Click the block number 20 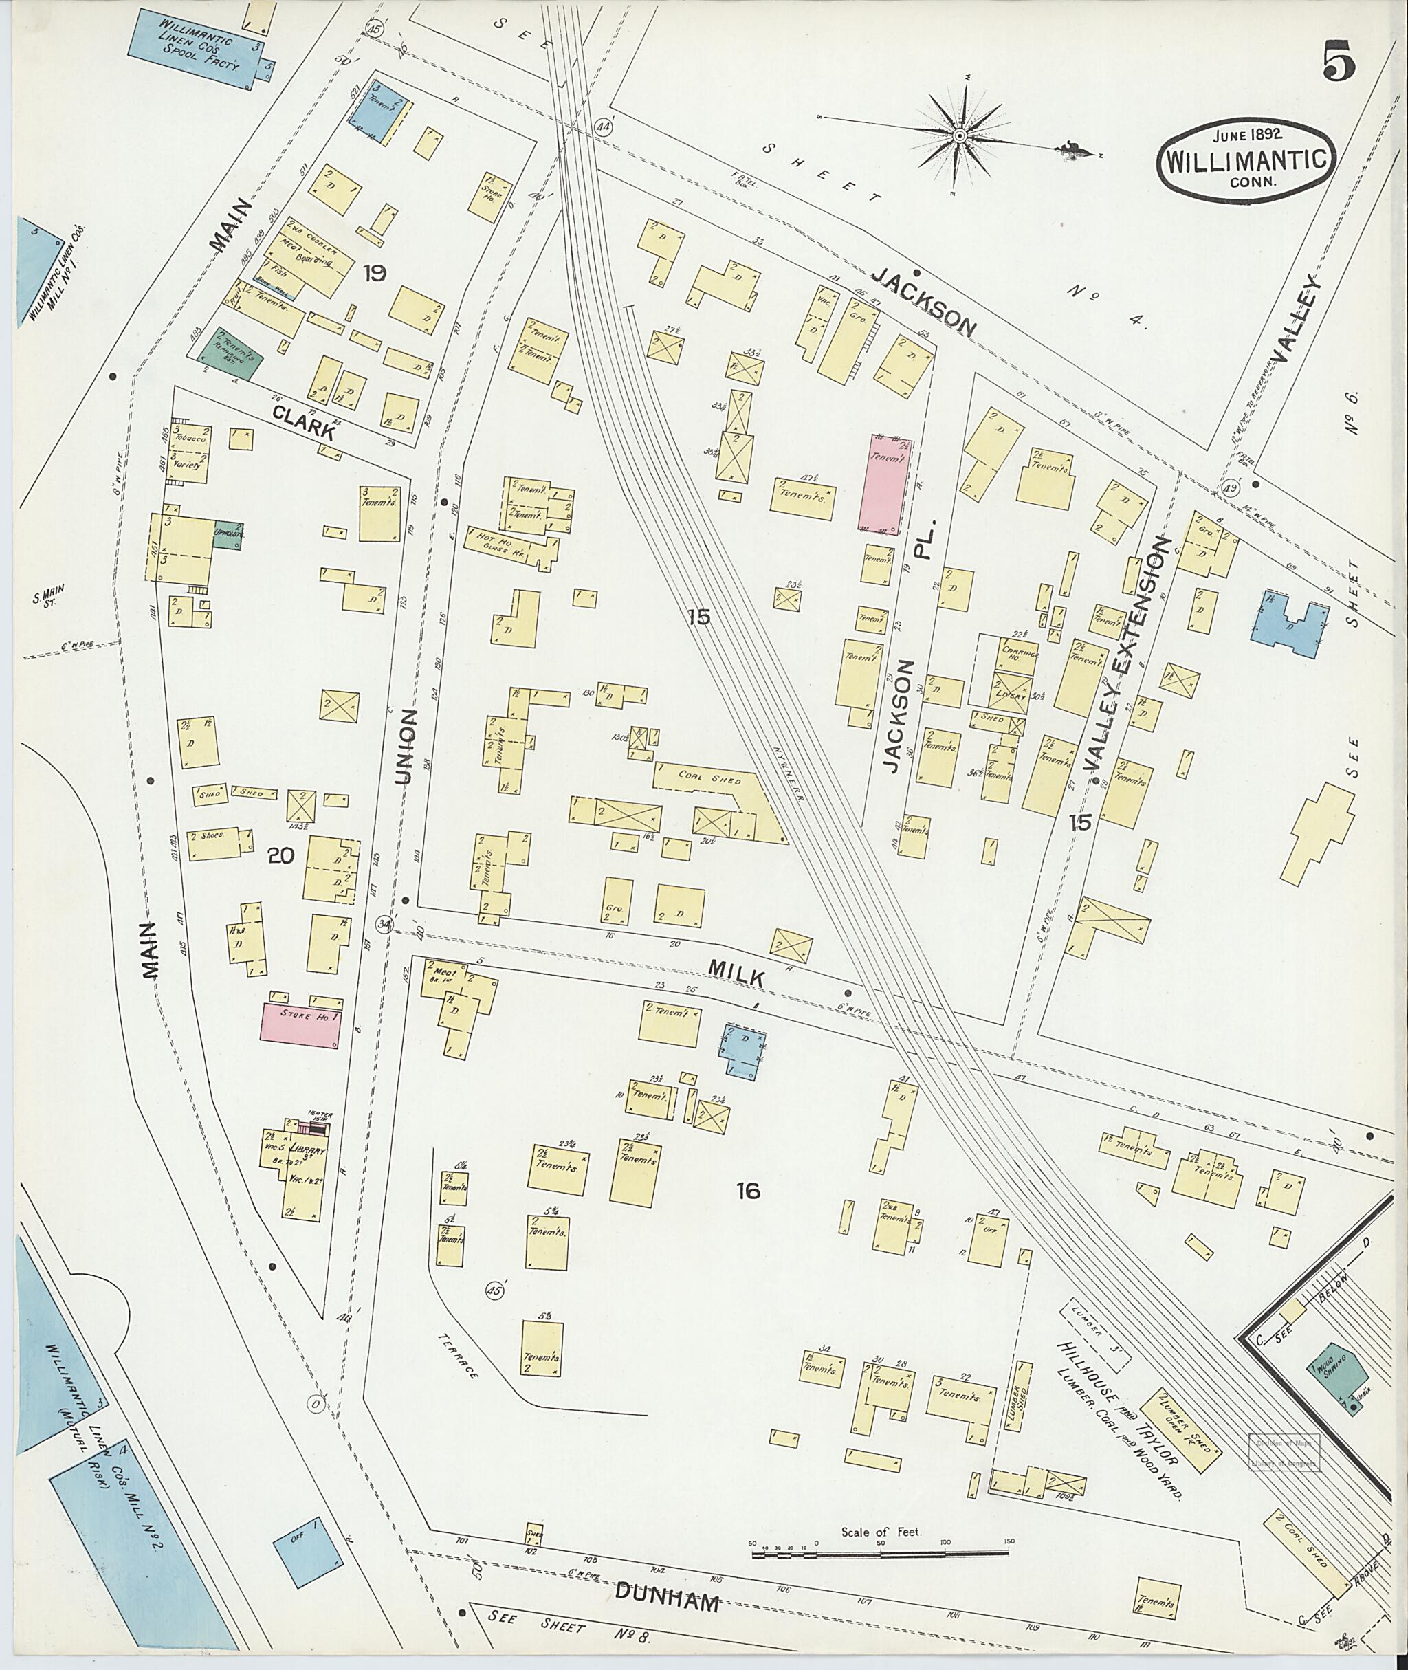tap(282, 856)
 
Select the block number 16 tap(748, 1193)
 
